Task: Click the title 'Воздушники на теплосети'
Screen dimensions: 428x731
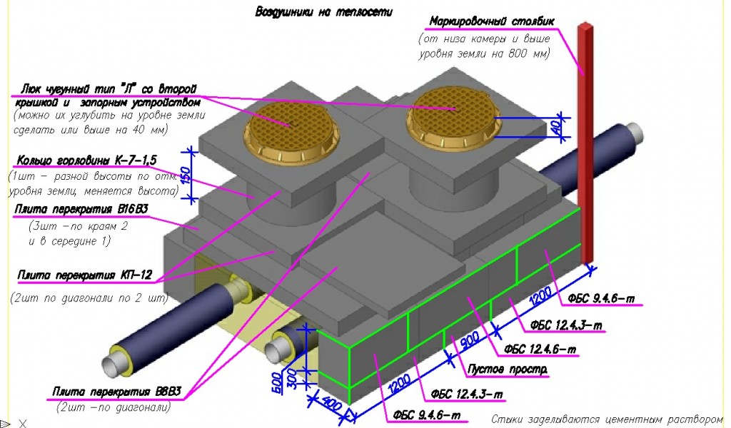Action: pos(323,12)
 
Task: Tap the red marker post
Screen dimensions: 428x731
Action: pos(586,143)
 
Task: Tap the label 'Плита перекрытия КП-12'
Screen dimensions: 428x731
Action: pos(86,275)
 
